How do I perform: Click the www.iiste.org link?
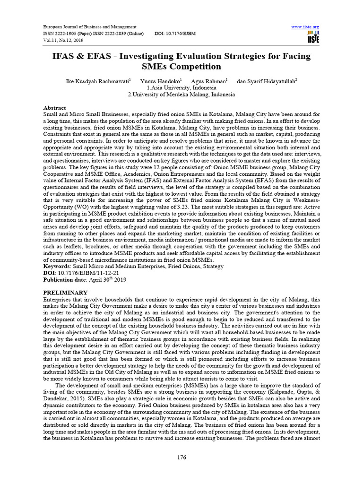pyautogui.click(x=307, y=26)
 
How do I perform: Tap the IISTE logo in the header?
pyautogui.click(x=313, y=38)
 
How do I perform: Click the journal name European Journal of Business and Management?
pyautogui.click(x=90, y=27)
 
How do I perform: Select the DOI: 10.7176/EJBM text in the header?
pyautogui.click(x=175, y=34)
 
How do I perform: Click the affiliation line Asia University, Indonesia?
pyautogui.click(x=183, y=87)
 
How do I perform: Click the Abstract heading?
pyautogui.click(x=54, y=108)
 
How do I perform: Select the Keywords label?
pyautogui.click(x=57, y=266)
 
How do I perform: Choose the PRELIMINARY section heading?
pyautogui.click(x=65, y=293)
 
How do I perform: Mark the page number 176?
pyautogui.click(x=181, y=457)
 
